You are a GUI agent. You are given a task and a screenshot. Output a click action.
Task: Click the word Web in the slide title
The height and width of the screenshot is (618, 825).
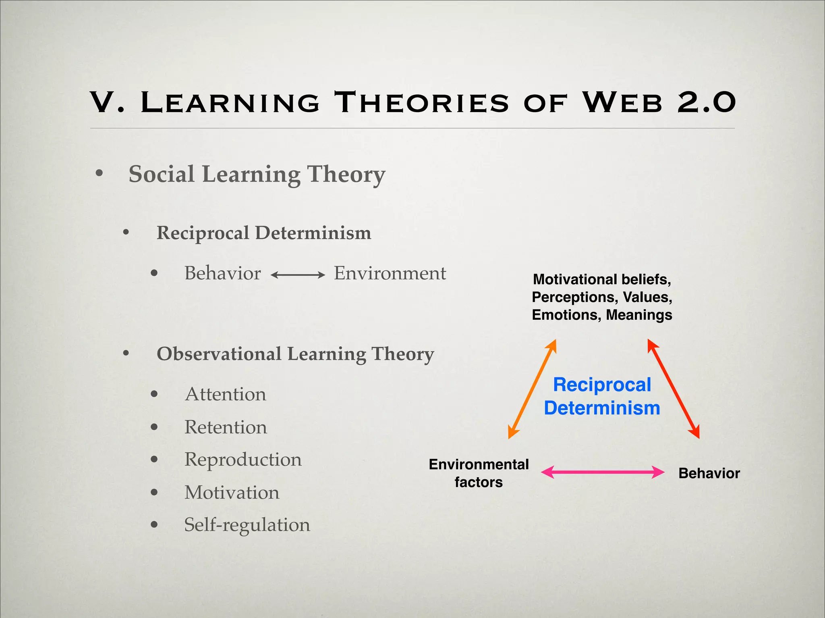[x=622, y=102]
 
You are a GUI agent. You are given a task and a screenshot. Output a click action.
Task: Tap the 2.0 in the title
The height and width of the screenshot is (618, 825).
[x=707, y=102]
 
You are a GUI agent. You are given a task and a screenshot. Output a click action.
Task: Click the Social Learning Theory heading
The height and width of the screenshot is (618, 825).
[x=257, y=174]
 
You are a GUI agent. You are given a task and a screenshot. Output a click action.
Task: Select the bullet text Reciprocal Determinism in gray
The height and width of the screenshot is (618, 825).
[x=264, y=233]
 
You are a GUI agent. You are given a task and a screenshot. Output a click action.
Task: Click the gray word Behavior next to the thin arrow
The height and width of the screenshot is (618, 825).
[x=222, y=273]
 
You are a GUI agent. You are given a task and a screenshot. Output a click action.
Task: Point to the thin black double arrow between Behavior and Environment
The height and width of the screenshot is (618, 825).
[x=298, y=275]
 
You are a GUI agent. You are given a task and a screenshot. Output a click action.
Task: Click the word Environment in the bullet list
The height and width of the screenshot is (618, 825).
[x=390, y=273]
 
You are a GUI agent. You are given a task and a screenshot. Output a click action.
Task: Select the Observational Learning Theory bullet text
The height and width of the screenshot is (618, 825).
[x=295, y=354]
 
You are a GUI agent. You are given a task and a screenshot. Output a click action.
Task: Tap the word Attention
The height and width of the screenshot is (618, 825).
[x=226, y=394]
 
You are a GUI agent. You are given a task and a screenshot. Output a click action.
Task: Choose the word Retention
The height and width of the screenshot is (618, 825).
[x=226, y=427]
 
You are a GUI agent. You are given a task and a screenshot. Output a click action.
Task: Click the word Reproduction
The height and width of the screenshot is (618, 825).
[x=243, y=460]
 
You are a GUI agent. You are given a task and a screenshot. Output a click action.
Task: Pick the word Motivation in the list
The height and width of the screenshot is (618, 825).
[x=232, y=493]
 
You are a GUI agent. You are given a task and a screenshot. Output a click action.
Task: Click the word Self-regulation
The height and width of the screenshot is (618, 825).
[x=247, y=525]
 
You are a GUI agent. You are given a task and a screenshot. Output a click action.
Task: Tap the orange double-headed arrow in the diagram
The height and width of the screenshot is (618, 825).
[x=532, y=389]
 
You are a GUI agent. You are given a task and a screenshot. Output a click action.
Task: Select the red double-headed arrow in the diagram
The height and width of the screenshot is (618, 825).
[x=673, y=389]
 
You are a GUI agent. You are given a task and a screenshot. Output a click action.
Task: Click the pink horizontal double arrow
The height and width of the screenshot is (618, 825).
[x=602, y=472]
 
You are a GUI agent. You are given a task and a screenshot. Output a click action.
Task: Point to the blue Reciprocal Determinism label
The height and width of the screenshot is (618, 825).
[x=602, y=396]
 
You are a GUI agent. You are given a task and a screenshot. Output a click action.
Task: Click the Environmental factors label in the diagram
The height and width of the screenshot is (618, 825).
[x=479, y=473]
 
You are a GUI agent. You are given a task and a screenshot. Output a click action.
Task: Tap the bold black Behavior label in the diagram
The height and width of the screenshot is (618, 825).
[x=709, y=473]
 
